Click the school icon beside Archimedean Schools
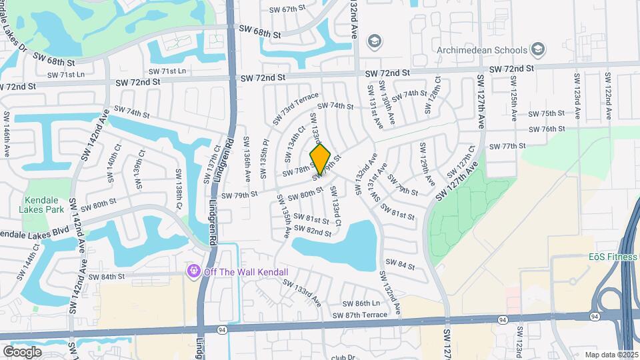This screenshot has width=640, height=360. click(x=538, y=50)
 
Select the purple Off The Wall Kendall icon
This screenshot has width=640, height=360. click(x=194, y=271)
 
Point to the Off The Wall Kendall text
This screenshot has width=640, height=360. click(x=246, y=272)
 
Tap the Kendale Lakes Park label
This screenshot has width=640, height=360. click(x=45, y=205)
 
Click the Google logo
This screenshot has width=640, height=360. click(x=22, y=351)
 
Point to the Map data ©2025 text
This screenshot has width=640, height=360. click(x=611, y=354)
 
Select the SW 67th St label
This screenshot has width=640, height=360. click(x=287, y=9)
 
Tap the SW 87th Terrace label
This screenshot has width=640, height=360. click(x=359, y=315)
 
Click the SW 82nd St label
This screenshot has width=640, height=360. click(x=313, y=231)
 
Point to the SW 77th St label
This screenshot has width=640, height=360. click(x=507, y=146)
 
